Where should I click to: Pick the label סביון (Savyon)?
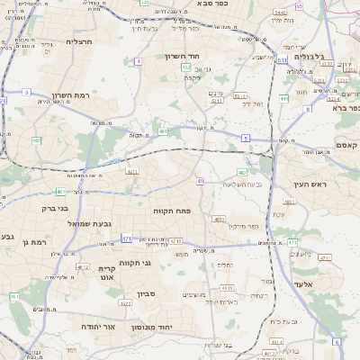147,292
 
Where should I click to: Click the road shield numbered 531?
282,60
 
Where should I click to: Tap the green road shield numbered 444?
283,98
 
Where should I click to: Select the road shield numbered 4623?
125,303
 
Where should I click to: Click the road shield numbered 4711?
175,241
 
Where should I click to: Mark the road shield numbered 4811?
132,169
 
